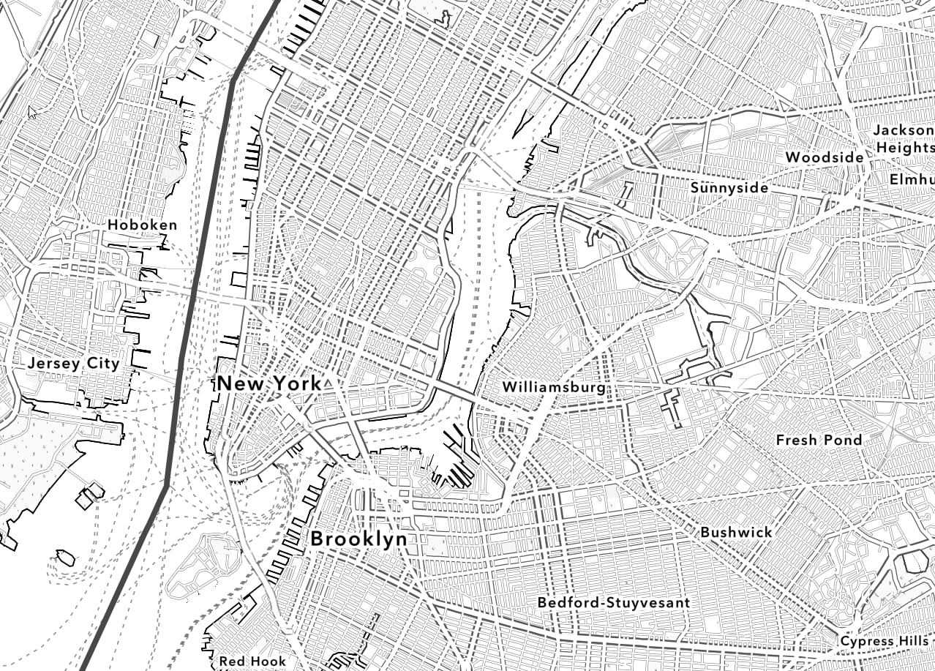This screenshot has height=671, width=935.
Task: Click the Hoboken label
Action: pos(143,225)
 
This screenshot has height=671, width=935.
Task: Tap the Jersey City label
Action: pos(73,364)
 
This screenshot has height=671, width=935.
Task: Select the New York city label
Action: pos(269,383)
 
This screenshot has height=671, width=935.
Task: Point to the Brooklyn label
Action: pos(358,539)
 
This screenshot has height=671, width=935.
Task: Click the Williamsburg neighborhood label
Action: pos(554,387)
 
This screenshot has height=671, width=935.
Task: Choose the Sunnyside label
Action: pos(729,188)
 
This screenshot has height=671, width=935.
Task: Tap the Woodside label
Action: pos(825,157)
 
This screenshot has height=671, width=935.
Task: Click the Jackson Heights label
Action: pos(904,138)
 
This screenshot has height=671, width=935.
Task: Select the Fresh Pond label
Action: pos(819,440)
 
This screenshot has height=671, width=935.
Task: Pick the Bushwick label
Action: pos(736,533)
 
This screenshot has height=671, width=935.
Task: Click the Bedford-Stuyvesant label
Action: pos(613,603)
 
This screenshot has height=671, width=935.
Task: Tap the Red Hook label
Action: pos(252,661)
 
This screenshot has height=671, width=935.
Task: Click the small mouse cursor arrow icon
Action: pos(32,112)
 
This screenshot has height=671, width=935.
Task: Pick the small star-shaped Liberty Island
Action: pos(64,558)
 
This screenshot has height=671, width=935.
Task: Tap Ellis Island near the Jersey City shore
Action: pos(89,495)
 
